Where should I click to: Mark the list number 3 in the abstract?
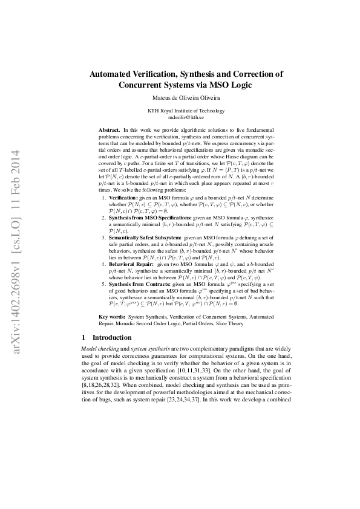(x=103, y=254)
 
